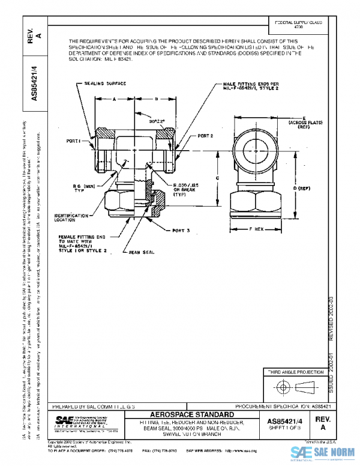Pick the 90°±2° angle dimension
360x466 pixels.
[157, 120]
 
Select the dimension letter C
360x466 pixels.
[217, 178]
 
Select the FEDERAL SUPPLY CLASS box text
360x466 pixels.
[298, 25]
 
